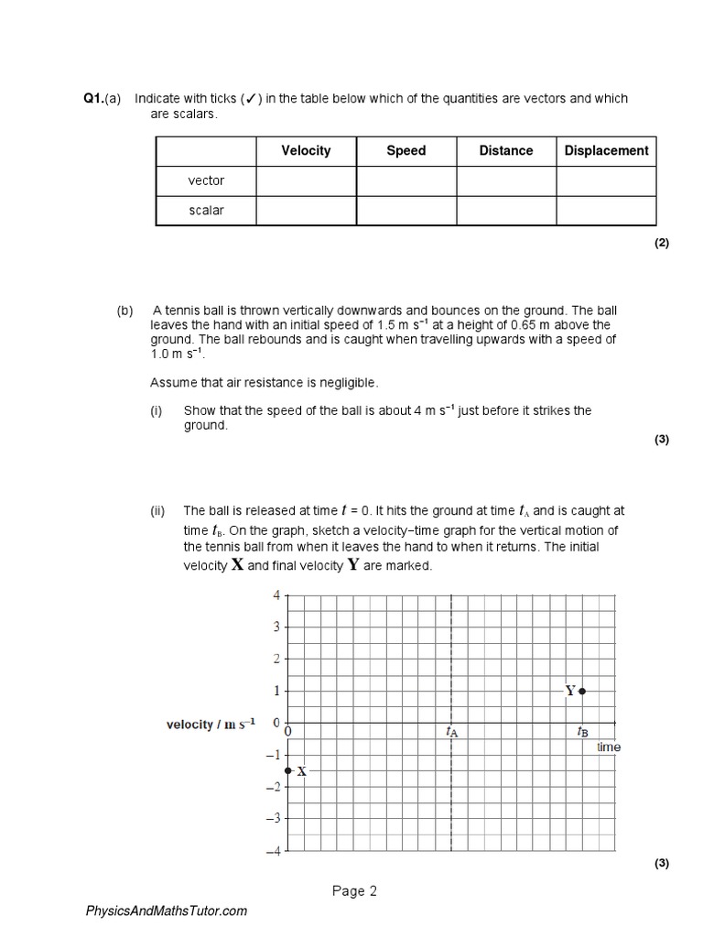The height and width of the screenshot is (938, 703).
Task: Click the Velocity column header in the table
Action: point(306,151)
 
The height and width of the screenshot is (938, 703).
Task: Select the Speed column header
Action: point(406,151)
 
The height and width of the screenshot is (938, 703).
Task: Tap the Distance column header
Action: point(506,151)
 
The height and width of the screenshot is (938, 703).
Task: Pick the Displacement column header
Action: point(606,151)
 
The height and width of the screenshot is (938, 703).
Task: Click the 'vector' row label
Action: point(206,180)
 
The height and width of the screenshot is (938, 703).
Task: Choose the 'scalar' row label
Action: point(206,210)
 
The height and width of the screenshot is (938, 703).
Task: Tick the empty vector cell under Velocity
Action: point(306,180)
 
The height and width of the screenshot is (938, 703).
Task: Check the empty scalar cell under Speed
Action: point(406,210)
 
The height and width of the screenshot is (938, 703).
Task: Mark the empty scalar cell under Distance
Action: point(506,210)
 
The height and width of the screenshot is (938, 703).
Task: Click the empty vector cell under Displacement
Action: point(606,180)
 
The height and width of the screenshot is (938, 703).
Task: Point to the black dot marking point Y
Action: point(583,691)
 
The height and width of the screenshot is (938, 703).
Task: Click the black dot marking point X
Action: point(288,770)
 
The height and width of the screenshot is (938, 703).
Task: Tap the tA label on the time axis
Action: point(451,732)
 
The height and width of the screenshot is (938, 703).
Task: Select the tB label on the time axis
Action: point(583,732)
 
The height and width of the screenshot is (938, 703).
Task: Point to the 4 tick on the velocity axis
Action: point(276,595)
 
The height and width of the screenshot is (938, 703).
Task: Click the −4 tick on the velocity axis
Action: point(274,851)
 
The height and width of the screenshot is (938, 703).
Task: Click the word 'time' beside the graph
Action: point(609,747)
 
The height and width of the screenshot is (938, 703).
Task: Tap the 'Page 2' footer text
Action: point(354,891)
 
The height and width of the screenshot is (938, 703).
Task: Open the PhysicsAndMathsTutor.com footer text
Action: point(166,911)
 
